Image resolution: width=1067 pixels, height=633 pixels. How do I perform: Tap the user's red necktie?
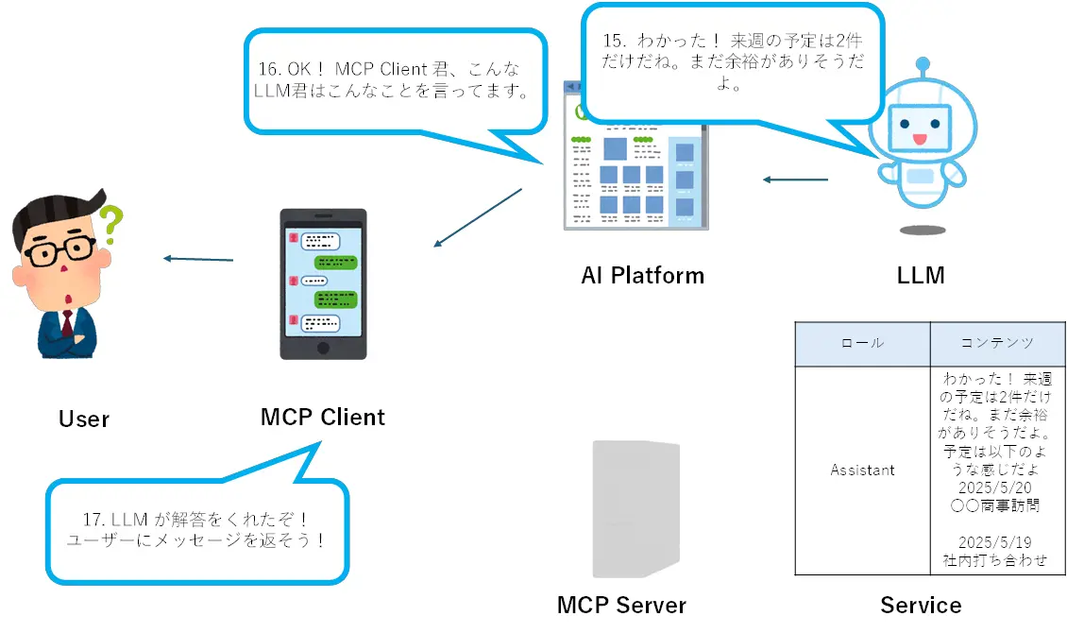pos(68,324)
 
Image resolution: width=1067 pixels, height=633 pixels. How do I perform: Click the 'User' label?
pos(84,419)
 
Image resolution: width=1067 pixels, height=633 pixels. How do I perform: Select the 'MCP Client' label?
pos(323,417)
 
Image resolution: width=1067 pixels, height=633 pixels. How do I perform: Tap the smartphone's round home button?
pos(323,347)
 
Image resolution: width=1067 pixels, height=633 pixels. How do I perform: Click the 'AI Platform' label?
pos(642,276)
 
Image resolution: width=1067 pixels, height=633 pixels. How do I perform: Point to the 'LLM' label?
pos(920,276)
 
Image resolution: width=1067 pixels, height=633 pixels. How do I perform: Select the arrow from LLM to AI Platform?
pos(795,180)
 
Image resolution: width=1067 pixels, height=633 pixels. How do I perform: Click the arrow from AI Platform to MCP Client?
pos(478,217)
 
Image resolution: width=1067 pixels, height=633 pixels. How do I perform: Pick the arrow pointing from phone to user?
pos(198,258)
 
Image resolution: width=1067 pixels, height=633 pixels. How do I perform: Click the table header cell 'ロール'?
pos(862,343)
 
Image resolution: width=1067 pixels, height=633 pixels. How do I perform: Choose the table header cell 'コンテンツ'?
pos(997,343)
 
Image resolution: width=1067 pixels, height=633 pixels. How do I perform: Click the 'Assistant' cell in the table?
pos(862,470)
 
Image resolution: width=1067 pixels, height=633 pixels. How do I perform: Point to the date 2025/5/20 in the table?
pos(997,488)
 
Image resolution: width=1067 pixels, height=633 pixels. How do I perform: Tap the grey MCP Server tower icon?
pos(635,508)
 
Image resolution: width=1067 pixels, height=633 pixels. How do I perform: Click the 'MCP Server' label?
pos(621,606)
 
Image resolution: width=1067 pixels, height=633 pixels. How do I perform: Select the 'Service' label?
pos(921,606)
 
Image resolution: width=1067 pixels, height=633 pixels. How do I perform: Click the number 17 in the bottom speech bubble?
pos(92,520)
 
